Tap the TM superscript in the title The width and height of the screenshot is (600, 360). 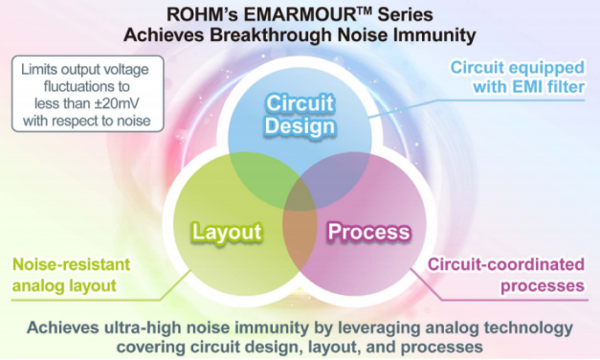(365, 11)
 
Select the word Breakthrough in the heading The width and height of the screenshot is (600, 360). (270, 35)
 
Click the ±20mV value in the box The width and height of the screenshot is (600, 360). (117, 103)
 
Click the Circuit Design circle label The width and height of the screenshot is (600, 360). (300, 115)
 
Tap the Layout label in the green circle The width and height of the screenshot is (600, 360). (227, 232)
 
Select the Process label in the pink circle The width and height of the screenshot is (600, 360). (369, 232)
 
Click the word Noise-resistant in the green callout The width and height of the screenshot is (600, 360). (72, 264)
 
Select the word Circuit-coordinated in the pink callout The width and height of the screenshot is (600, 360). (506, 264)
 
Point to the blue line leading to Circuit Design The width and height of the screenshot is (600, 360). (476, 108)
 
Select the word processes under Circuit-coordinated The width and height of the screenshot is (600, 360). (543, 286)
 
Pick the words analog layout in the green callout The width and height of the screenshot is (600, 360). (64, 286)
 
